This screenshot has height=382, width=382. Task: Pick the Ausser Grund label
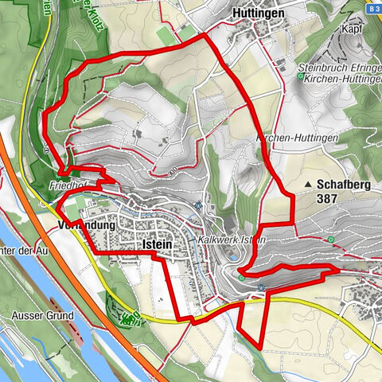click(37, 315)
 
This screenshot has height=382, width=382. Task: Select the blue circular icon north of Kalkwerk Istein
click(197, 205)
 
